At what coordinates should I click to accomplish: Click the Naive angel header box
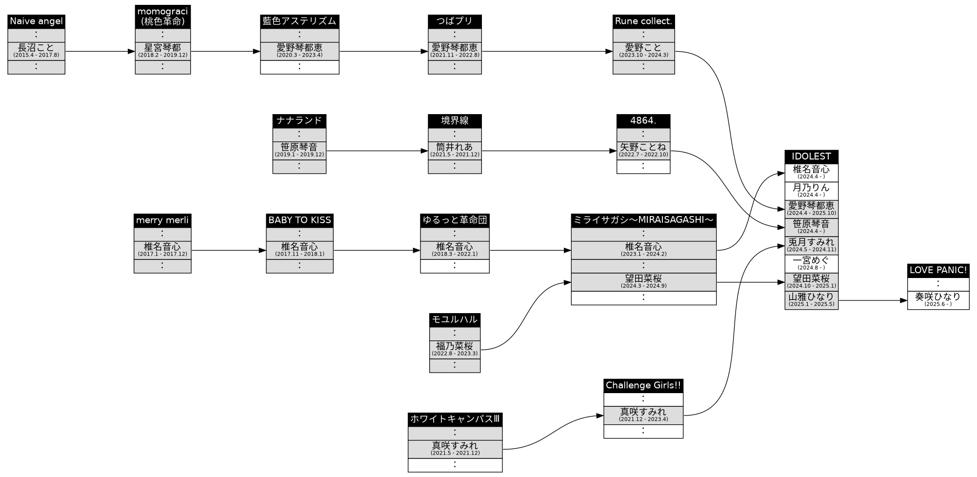pyautogui.click(x=36, y=21)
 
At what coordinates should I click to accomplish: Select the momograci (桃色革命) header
pyautogui.click(x=162, y=17)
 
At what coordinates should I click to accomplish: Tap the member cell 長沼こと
pyautogui.click(x=36, y=51)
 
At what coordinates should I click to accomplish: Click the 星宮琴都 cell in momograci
pyautogui.click(x=162, y=51)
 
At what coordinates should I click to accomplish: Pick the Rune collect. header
pyautogui.click(x=643, y=21)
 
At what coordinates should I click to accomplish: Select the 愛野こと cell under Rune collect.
pyautogui.click(x=643, y=51)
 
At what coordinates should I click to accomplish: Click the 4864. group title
pyautogui.click(x=643, y=121)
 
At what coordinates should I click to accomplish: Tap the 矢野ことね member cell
pyautogui.click(x=643, y=150)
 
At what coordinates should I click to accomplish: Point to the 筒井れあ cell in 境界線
pyautogui.click(x=455, y=150)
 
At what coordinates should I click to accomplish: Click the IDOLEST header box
pyautogui.click(x=811, y=157)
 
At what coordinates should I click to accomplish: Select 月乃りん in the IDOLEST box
pyautogui.click(x=811, y=191)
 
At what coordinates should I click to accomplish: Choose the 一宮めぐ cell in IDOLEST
pyautogui.click(x=811, y=263)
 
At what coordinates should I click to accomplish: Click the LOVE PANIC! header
pyautogui.click(x=938, y=270)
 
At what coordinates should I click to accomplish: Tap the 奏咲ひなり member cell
pyautogui.click(x=938, y=300)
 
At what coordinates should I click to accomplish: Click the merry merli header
pyautogui.click(x=162, y=220)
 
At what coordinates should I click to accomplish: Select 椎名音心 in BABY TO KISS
pyautogui.click(x=299, y=250)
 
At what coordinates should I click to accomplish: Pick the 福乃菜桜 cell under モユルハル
pyautogui.click(x=455, y=349)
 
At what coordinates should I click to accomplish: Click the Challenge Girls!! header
pyautogui.click(x=643, y=386)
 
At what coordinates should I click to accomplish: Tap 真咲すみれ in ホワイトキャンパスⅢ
pyautogui.click(x=455, y=449)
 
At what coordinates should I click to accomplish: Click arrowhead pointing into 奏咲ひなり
pyautogui.click(x=903, y=301)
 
